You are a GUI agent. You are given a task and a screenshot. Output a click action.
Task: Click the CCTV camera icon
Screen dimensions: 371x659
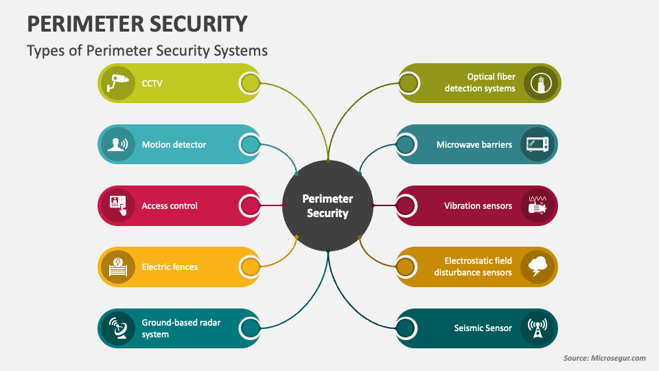(118, 83)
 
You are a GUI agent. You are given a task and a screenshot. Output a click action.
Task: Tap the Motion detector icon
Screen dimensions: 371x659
(118, 144)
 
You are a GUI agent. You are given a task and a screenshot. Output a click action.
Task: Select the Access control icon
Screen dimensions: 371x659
(118, 205)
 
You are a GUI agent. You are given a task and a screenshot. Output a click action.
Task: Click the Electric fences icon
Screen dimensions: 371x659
(118, 267)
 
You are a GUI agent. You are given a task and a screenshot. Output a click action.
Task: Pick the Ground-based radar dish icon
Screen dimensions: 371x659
(118, 328)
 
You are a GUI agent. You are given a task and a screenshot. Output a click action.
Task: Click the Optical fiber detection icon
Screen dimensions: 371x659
(540, 83)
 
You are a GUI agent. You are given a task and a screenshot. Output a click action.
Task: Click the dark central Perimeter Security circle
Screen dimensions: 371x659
(328, 205)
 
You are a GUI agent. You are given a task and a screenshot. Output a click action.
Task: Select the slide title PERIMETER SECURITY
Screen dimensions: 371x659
(137, 24)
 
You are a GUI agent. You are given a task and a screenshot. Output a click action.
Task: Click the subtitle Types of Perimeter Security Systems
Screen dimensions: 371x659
(147, 51)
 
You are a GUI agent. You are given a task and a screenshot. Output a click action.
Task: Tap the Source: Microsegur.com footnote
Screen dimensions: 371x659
(605, 358)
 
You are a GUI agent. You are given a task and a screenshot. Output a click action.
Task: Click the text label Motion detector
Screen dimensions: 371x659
(174, 145)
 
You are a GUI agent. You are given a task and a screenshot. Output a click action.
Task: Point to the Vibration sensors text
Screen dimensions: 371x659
(478, 205)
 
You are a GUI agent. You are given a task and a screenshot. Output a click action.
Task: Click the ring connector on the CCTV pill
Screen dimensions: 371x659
(250, 84)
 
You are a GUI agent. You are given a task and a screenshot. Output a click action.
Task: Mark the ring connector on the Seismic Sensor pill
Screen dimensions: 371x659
(406, 328)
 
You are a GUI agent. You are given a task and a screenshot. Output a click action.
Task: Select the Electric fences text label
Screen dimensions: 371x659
(170, 267)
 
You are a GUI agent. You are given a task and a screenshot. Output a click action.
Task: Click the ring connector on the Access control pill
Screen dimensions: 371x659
(250, 205)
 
